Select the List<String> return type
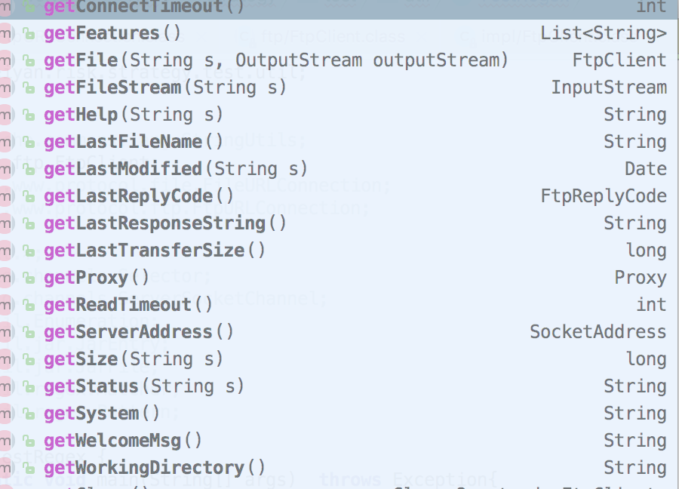coord(603,33)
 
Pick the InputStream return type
coord(608,88)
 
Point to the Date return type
coord(645,169)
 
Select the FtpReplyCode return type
coord(603,196)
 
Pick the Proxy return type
coord(640,278)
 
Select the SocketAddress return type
coord(598,332)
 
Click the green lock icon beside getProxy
coord(29,278)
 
